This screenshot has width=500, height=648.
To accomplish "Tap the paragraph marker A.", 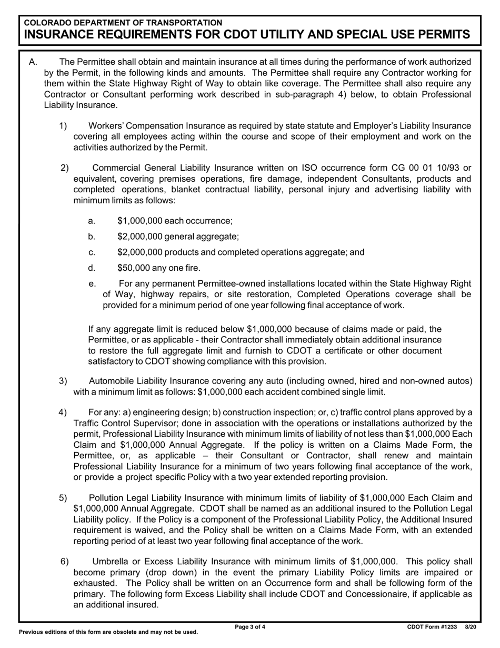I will (x=33, y=62).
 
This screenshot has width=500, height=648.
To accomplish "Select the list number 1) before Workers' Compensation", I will (x=63, y=125).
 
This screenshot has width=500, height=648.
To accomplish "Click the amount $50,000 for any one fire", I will (x=134, y=268).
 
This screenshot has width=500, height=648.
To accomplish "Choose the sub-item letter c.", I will (x=92, y=252).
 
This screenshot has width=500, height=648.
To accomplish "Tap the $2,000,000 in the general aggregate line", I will (x=141, y=237).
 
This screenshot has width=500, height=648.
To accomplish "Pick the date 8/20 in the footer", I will (x=470, y=627).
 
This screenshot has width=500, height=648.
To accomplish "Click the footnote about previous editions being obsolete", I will (x=108, y=632).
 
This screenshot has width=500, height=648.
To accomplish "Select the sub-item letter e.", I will (x=93, y=283).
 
